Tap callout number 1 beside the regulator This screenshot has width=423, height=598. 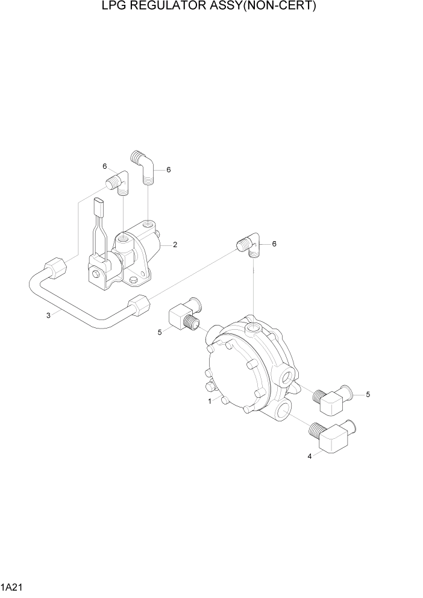click(x=210, y=401)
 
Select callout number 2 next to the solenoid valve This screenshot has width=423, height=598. click(x=175, y=245)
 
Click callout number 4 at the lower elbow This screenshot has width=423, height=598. click(x=310, y=456)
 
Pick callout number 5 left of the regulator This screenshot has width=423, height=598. click(x=160, y=332)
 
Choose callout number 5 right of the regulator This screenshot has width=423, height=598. click(x=368, y=394)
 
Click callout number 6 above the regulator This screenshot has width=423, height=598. click(x=274, y=244)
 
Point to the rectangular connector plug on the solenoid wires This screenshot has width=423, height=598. click(x=99, y=207)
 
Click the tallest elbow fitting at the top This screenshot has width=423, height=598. click(x=143, y=166)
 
